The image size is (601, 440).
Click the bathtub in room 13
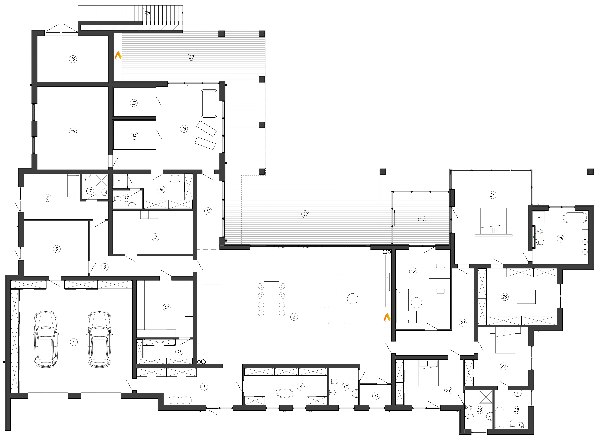pyautogui.click(x=209, y=104)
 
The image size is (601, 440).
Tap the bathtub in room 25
pyautogui.click(x=575, y=217)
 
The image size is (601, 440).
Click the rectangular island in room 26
pyautogui.click(x=526, y=297)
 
